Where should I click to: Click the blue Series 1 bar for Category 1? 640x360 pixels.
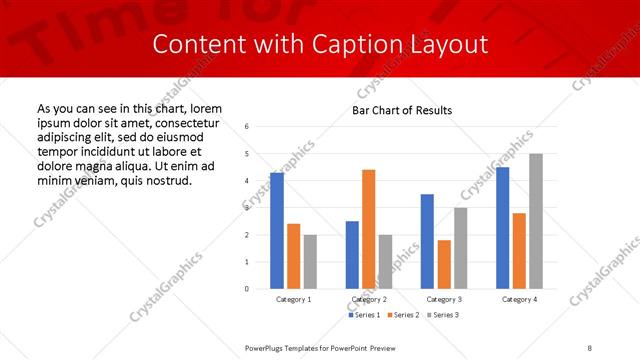click(x=277, y=231)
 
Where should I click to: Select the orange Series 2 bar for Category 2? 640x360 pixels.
click(x=369, y=229)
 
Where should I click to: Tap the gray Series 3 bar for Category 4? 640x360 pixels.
click(x=536, y=221)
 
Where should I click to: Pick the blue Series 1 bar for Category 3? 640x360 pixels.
click(x=427, y=241)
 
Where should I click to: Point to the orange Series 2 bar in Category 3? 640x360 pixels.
click(x=444, y=264)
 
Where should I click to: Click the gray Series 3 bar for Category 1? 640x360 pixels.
click(x=310, y=261)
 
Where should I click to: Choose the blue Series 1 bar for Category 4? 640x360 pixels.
click(x=503, y=228)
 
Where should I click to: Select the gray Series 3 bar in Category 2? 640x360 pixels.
click(x=385, y=261)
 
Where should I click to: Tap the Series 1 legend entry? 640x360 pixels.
click(x=363, y=315)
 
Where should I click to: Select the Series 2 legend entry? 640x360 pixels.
click(x=402, y=315)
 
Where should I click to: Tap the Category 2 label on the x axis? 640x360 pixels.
click(x=369, y=299)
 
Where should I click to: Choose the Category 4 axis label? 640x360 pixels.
click(x=519, y=299)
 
